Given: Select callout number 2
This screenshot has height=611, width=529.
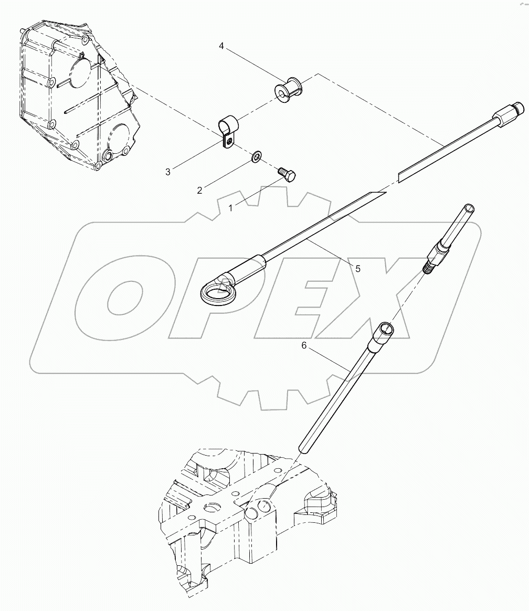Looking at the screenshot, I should (199, 191).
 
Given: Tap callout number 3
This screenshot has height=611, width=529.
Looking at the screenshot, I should (167, 172).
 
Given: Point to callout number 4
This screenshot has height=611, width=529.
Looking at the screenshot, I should (221, 47).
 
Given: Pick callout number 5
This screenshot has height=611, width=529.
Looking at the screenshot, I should (357, 268).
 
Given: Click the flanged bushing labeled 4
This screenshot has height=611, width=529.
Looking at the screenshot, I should (288, 90).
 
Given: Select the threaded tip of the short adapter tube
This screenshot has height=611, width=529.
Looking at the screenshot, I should (428, 268).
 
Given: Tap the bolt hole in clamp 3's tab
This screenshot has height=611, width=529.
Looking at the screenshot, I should (229, 141).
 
